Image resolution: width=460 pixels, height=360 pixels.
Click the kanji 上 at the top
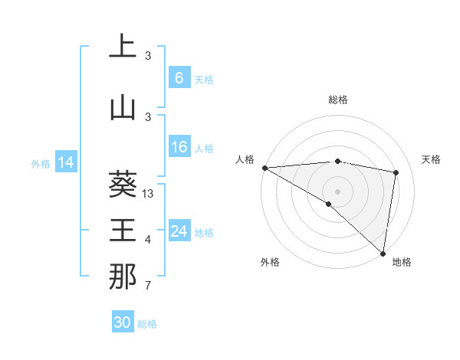[122, 47]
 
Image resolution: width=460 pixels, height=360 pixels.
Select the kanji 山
[122, 107]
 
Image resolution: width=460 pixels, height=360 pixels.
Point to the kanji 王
[122, 230]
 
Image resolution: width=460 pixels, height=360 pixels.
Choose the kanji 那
[122, 277]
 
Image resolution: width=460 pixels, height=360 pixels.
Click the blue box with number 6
[179, 78]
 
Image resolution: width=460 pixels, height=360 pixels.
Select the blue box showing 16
[179, 147]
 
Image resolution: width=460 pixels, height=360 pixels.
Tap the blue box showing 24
[179, 231]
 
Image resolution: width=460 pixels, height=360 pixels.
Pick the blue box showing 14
[65, 162]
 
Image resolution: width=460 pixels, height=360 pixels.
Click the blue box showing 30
[122, 322]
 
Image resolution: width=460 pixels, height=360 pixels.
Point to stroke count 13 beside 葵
[149, 194]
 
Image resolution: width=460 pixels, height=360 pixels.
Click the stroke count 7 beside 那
[148, 286]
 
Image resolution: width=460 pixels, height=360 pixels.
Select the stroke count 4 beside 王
[148, 240]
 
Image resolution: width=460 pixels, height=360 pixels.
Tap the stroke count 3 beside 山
[148, 116]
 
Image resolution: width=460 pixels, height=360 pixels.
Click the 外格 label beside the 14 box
[41, 163]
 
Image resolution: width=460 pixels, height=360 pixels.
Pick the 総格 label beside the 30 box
[147, 324]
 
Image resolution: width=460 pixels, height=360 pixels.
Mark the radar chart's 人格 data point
[264, 168]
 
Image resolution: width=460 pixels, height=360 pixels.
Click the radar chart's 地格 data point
[383, 253]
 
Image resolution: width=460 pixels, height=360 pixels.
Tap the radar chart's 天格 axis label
[432, 159]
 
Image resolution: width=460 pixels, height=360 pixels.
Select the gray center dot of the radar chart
[337, 190]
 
